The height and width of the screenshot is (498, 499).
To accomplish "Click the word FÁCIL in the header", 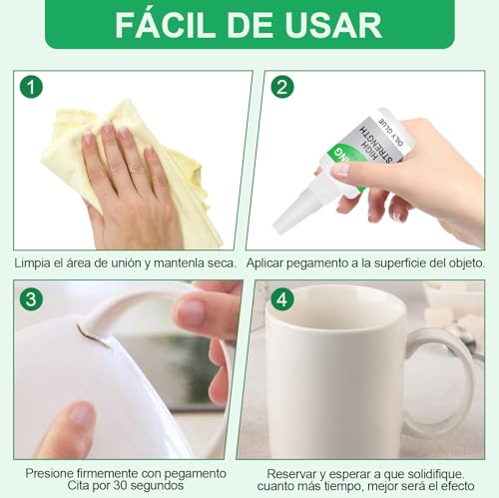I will pyautogui.click(x=168, y=25).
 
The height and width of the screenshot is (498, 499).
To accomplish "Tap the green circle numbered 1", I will pyautogui.click(x=33, y=87).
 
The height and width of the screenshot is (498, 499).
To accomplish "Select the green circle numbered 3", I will pyautogui.click(x=33, y=297).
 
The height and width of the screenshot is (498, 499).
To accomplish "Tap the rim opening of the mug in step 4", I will pyautogui.click(x=349, y=299).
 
